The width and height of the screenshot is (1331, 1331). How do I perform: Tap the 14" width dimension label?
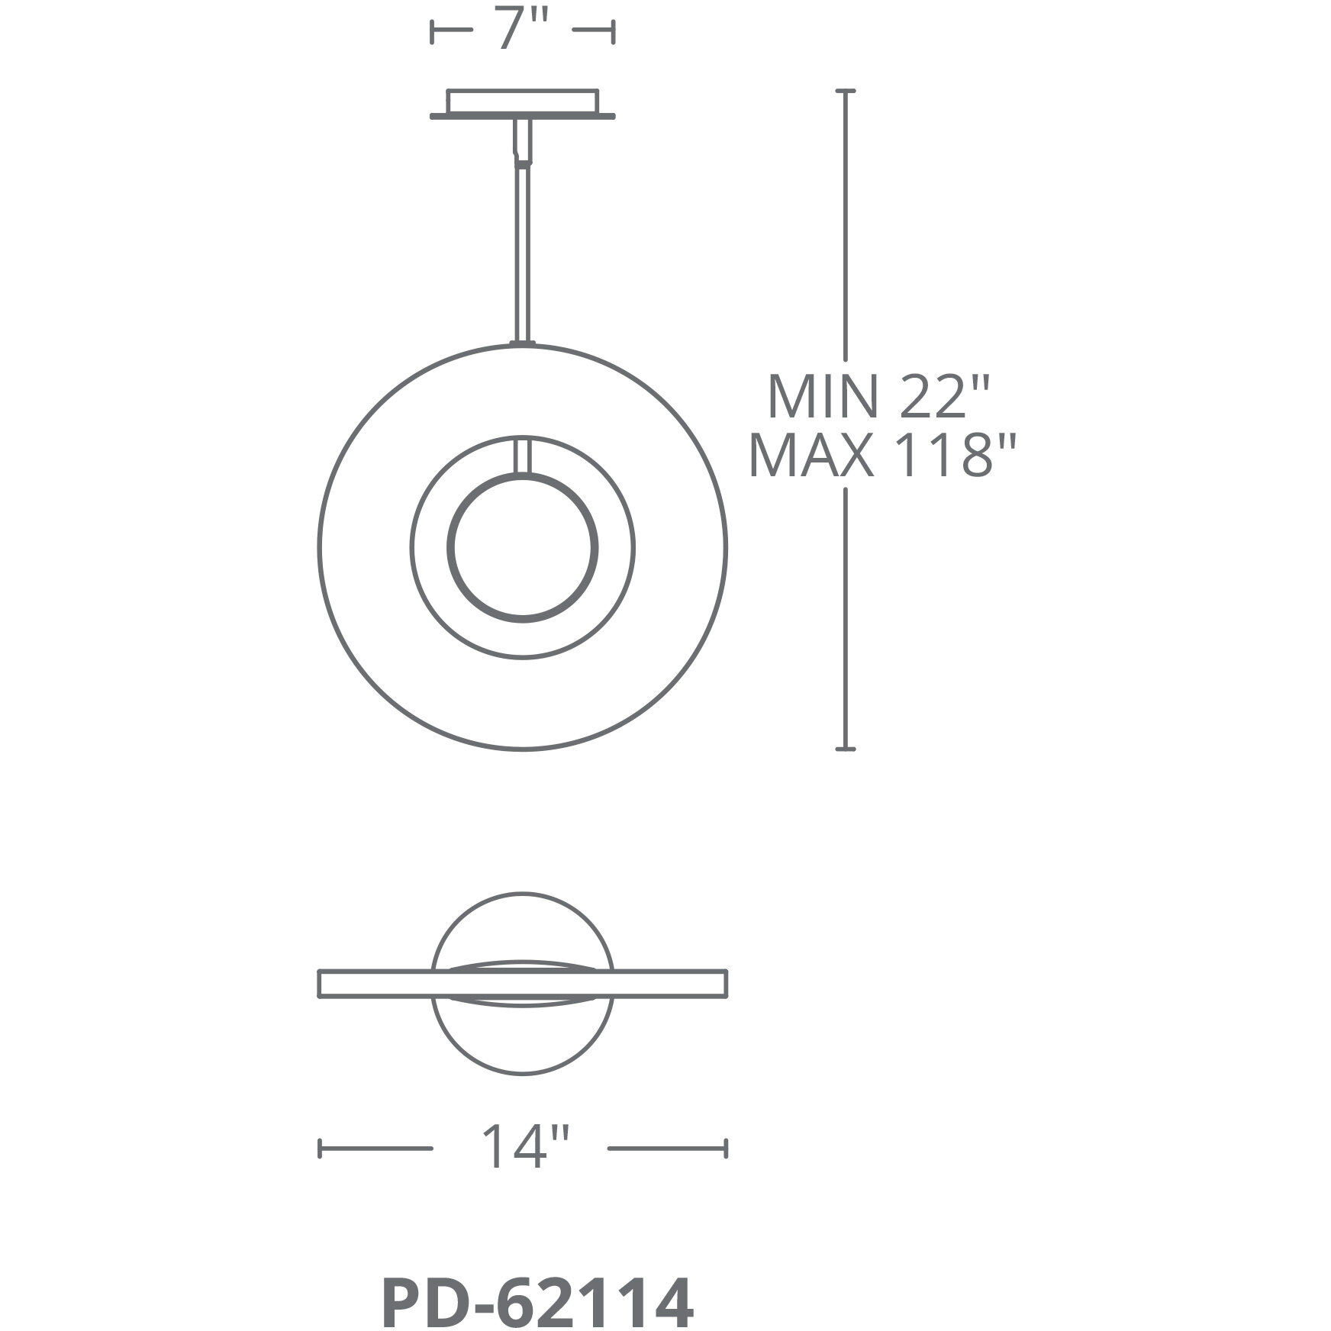tap(524, 1168)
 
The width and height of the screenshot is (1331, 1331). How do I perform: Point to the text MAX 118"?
tap(883, 458)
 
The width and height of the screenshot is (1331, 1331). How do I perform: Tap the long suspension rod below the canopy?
tap(523, 252)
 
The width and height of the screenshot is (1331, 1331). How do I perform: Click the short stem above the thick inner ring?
tap(523, 456)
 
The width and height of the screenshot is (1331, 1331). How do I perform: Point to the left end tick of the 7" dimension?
tap(433, 32)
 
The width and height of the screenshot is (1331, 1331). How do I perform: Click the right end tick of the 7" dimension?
tap(613, 32)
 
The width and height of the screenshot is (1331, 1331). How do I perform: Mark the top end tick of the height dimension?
tap(845, 91)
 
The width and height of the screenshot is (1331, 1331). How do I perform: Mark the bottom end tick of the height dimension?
tap(845, 750)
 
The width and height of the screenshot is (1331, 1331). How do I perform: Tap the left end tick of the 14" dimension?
tap(320, 1169)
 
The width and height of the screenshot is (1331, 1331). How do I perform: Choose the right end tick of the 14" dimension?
tap(726, 1169)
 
